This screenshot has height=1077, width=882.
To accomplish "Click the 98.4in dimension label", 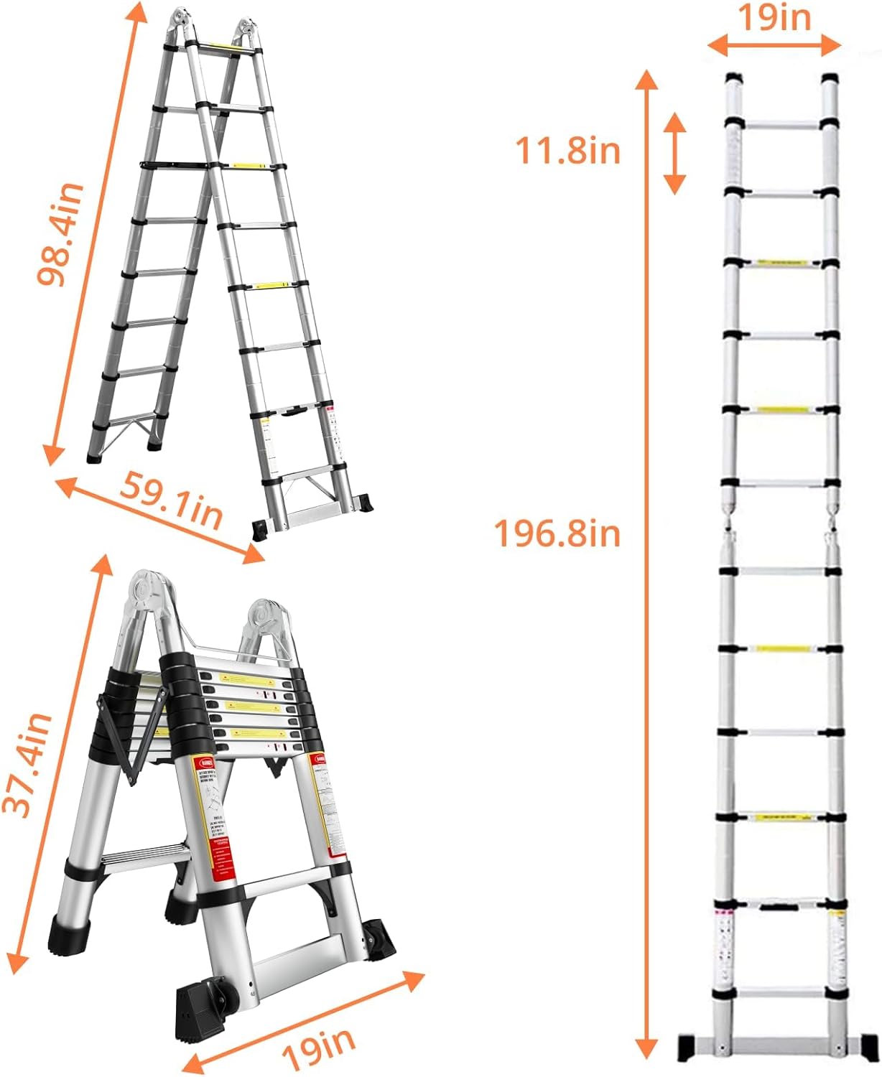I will (61, 234).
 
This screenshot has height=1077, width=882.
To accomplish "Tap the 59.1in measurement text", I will (170, 501).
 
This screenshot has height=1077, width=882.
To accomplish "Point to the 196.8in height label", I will (557, 534).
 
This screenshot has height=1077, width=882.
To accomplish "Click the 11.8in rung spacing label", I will (567, 151).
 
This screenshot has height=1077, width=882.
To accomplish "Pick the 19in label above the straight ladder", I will (774, 18).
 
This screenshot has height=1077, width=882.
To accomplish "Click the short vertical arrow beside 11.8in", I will (674, 152).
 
